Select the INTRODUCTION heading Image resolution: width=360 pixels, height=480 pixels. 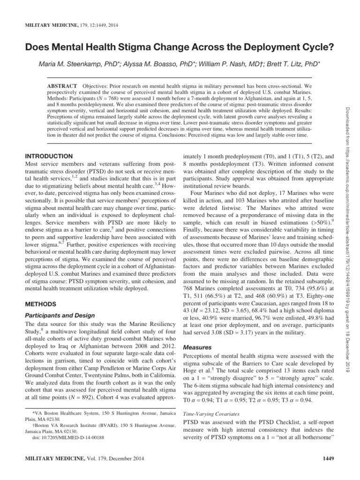tap(48, 156)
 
